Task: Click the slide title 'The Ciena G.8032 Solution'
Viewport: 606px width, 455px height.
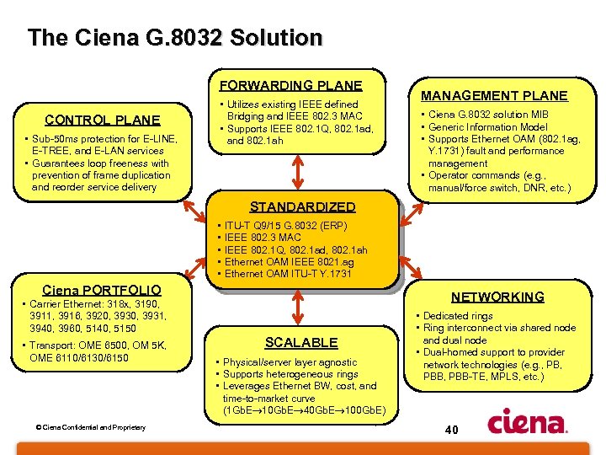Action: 174,38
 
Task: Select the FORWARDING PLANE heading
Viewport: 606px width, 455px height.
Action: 290,85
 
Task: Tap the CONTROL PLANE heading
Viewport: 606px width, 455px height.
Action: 102,120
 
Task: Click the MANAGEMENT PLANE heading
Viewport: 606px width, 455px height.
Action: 494,96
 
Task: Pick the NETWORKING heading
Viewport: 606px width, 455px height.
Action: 497,297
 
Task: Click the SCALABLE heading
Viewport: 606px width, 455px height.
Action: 301,342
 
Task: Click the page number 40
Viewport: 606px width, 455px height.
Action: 451,431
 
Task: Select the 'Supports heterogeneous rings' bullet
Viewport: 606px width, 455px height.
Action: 290,374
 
